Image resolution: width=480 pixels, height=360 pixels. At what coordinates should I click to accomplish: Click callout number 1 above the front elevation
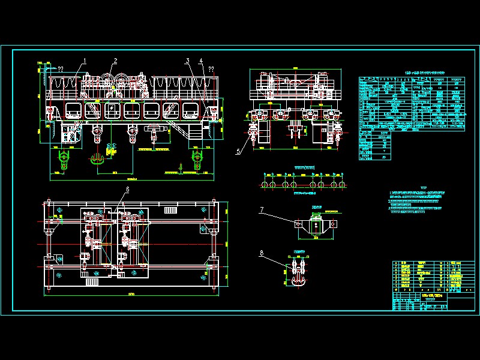pos(85,60)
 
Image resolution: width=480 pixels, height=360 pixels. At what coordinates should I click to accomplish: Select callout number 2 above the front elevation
pos(115,60)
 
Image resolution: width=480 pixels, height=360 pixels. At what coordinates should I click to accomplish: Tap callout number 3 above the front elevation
pos(187,60)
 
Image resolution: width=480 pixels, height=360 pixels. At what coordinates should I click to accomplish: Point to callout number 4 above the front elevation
pos(201,60)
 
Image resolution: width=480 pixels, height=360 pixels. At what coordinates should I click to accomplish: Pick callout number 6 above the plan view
pos(127,190)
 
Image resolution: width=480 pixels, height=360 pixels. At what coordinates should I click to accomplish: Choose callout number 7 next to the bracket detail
pos(262,209)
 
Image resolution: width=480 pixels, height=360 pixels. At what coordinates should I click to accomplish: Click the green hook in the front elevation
pos(96,159)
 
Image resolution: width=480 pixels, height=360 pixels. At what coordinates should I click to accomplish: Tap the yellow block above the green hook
pos(110,151)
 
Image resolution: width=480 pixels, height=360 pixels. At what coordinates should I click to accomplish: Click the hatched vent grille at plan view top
pos(171,210)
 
